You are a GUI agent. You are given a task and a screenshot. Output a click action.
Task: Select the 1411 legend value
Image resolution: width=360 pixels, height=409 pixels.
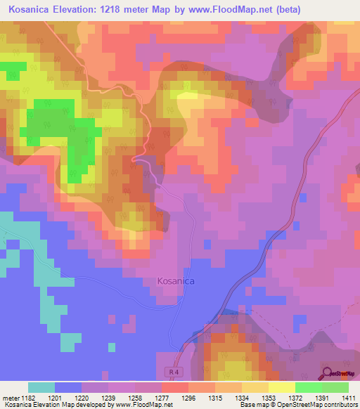(x=347, y=398)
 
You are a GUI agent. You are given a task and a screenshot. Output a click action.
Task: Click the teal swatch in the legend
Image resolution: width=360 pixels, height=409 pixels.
(x=41, y=387)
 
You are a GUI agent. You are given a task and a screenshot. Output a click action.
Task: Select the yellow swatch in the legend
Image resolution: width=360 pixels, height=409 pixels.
(x=281, y=387)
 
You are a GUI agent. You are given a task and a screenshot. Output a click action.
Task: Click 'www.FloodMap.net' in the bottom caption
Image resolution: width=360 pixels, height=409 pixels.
(x=141, y=405)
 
